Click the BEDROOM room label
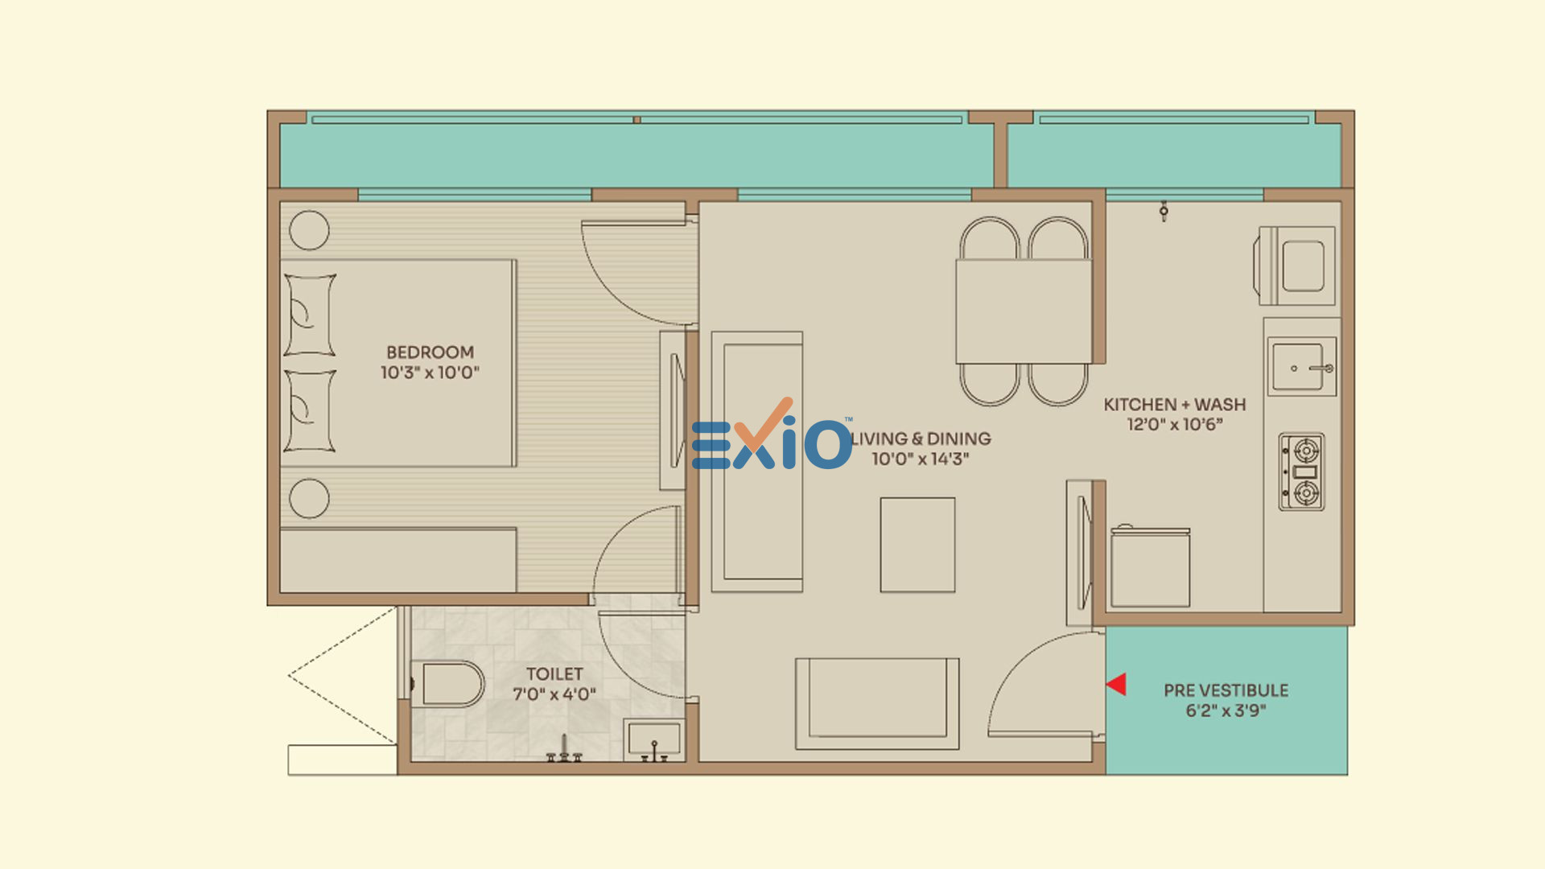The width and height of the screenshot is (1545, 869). click(x=430, y=352)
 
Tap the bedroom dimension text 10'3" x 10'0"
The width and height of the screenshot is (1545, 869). click(x=430, y=373)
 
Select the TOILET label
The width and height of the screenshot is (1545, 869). click(x=554, y=674)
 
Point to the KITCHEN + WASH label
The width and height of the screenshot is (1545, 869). click(x=1175, y=405)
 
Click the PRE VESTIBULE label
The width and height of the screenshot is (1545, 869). click(x=1226, y=690)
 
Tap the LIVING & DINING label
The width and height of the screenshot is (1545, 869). click(x=921, y=439)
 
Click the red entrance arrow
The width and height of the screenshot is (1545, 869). click(x=1116, y=685)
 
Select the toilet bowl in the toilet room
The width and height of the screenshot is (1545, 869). click(x=447, y=684)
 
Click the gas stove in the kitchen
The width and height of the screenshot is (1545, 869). click(x=1302, y=472)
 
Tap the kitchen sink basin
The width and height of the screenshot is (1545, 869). click(x=1301, y=367)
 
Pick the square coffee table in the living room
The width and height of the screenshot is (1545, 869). click(x=917, y=545)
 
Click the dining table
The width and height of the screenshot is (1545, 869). click(x=1023, y=311)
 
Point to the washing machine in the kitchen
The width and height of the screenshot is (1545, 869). click(x=1295, y=266)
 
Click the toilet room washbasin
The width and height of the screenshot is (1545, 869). click(x=653, y=740)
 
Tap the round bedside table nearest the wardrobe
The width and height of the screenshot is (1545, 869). click(x=309, y=498)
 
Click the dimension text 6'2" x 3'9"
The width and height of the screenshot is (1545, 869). click(x=1226, y=710)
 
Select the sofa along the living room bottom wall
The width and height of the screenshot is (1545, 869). click(x=877, y=704)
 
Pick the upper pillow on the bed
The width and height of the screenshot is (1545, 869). click(x=310, y=315)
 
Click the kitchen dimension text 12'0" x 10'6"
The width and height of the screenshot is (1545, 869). click(x=1175, y=425)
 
